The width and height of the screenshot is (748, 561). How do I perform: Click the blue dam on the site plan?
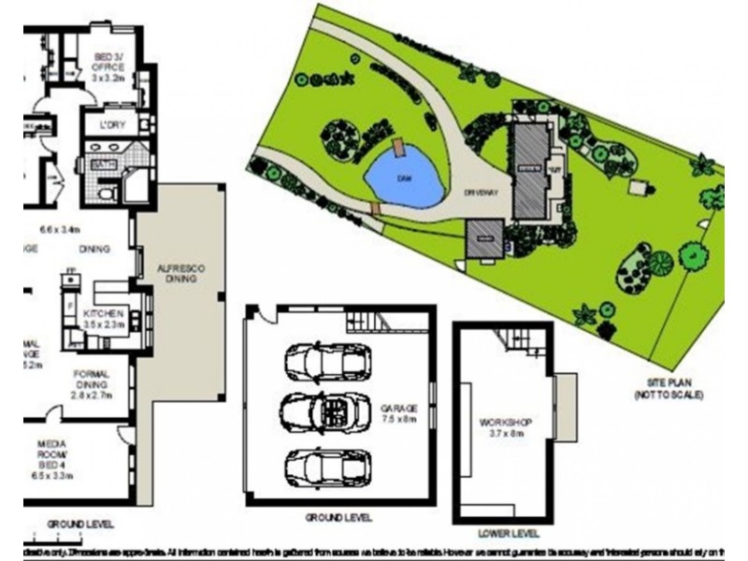click(x=404, y=178)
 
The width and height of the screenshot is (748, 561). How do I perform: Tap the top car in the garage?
click(x=327, y=363)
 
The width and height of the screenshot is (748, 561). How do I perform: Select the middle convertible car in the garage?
click(x=326, y=412)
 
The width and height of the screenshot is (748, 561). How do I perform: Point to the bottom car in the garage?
click(x=327, y=466)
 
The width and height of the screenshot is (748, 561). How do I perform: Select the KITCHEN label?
click(x=104, y=313)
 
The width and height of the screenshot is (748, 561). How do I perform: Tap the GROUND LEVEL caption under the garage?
click(x=338, y=517)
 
